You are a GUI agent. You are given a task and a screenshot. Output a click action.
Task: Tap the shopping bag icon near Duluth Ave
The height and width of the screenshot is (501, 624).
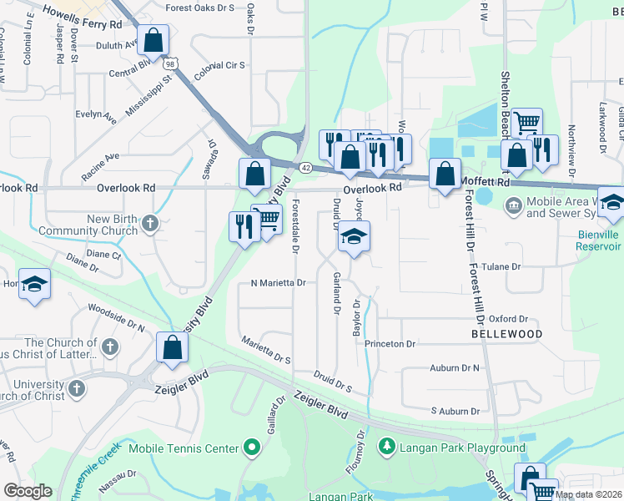pyautogui.click(x=153, y=39)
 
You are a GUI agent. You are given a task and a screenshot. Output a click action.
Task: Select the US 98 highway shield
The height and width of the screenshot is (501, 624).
pyautogui.click(x=171, y=63)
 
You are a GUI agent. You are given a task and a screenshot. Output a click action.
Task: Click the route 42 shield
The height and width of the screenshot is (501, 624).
pyautogui.click(x=306, y=168)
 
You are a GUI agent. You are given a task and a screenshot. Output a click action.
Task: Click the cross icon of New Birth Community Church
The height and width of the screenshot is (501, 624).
pyautogui.click(x=150, y=222)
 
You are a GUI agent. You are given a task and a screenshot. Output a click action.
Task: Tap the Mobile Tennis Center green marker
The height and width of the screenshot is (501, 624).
pyautogui.click(x=249, y=448)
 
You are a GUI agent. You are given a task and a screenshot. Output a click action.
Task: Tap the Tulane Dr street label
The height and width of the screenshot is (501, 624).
pyautogui.click(x=504, y=266)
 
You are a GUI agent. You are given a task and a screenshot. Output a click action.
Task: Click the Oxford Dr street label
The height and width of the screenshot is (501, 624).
pyautogui.click(x=509, y=319)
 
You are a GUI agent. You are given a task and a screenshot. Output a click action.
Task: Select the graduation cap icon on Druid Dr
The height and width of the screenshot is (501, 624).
pyautogui.click(x=354, y=238)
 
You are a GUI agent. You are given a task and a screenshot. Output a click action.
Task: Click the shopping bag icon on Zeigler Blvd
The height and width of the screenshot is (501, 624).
pyautogui.click(x=171, y=349)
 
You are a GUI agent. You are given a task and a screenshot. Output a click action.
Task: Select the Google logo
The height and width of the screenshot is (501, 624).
pyautogui.click(x=28, y=491)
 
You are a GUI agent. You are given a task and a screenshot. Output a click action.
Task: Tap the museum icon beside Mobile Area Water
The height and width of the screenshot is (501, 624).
pyautogui.click(x=513, y=203)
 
